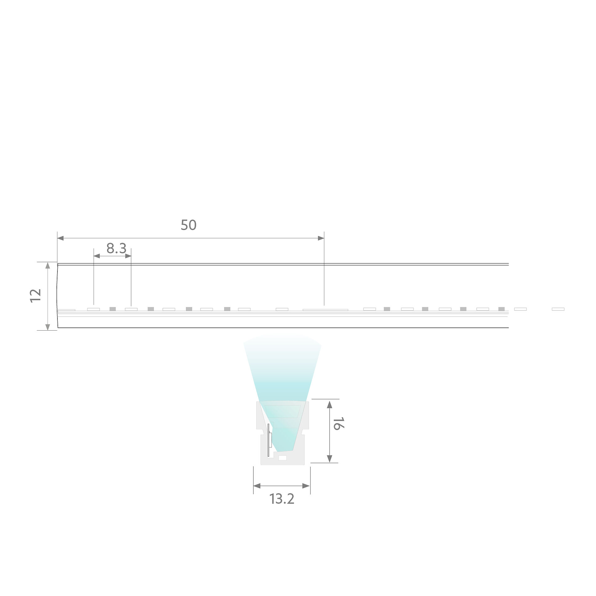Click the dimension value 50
[x=188, y=225]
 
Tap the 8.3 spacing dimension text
[x=116, y=248]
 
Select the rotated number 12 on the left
[x=36, y=295]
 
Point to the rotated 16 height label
[x=337, y=424]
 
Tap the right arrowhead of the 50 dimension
[x=321, y=238]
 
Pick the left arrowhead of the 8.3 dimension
[x=97, y=256]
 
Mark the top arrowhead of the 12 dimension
[x=47, y=265]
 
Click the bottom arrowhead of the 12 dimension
[x=47, y=327]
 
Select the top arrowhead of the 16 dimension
[x=330, y=404]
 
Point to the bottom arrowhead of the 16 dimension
[x=330, y=459]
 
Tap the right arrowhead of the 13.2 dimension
[x=306, y=486]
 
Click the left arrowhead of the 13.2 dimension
[x=257, y=486]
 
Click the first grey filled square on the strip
[x=113, y=309]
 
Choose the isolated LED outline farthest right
[x=558, y=309]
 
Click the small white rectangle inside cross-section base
[x=282, y=458]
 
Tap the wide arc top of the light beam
[x=282, y=336]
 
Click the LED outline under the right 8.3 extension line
[x=131, y=309]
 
